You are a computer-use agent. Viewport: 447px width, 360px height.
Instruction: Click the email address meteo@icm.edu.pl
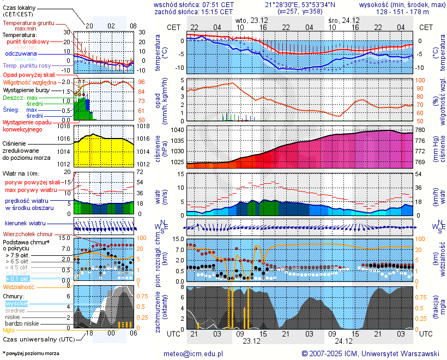coord(194,353)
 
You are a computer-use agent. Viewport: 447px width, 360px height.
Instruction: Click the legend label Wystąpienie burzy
coord(27,89)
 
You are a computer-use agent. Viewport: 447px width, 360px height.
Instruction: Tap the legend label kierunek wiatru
coord(25,224)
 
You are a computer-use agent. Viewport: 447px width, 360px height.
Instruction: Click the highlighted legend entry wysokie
coord(16,303)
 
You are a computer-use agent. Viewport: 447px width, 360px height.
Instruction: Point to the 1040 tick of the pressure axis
coord(178,130)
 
